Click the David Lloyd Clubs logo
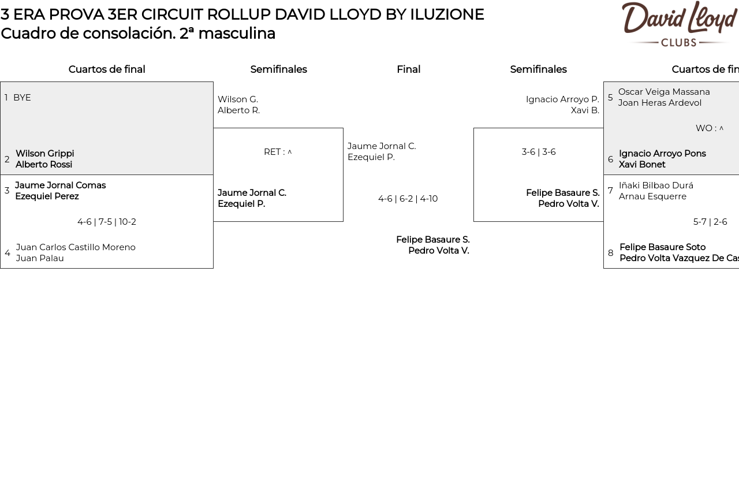click(x=679, y=24)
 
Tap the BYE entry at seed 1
click(x=22, y=98)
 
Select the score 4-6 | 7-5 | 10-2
click(x=107, y=222)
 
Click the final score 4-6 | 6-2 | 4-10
click(x=408, y=199)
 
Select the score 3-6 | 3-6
click(x=539, y=152)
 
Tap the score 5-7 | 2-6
click(x=710, y=222)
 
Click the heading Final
click(x=408, y=69)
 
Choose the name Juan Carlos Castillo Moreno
click(x=76, y=247)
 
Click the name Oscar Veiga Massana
click(x=664, y=92)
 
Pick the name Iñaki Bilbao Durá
click(x=656, y=185)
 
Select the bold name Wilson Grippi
click(x=45, y=154)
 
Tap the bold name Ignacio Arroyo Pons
click(x=662, y=154)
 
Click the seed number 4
click(x=8, y=253)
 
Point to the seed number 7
click(x=610, y=191)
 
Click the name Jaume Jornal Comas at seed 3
click(x=61, y=185)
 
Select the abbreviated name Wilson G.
click(x=238, y=99)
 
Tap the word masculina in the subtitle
click(x=236, y=34)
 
